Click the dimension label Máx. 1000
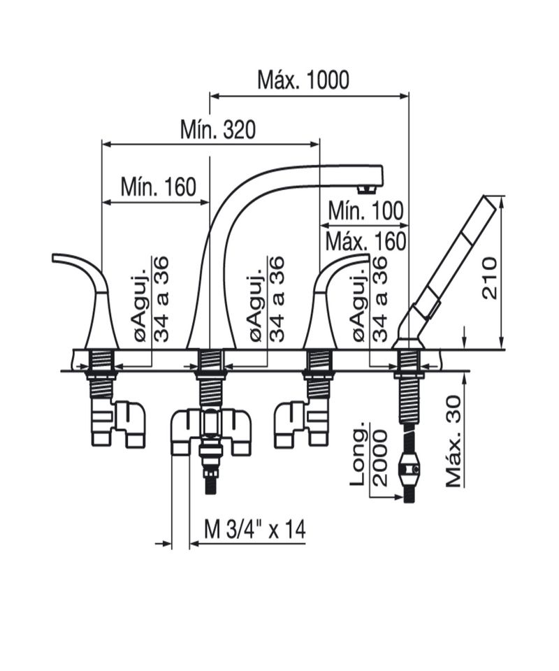(303, 80)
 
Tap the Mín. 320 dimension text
(218, 129)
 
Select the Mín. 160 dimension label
(158, 187)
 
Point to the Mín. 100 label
(365, 210)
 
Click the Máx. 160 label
(365, 241)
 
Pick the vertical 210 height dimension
(490, 278)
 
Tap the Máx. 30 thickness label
(453, 442)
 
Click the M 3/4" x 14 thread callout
(255, 530)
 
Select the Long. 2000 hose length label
(369, 457)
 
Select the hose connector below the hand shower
(409, 469)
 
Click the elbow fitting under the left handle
(119, 424)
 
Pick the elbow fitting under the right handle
(302, 424)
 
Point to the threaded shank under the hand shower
(409, 400)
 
